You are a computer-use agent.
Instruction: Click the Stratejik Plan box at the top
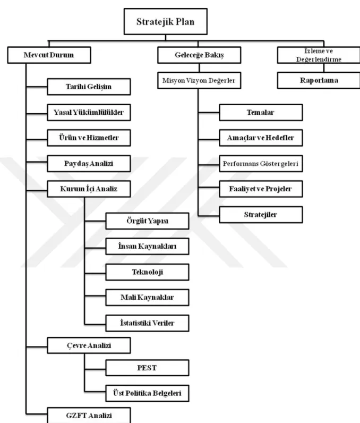click(166, 21)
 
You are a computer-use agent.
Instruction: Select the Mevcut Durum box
click(49, 55)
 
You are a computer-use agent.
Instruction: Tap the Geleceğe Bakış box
click(199, 55)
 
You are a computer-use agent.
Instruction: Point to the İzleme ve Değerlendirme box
click(319, 55)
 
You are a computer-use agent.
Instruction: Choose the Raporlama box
click(319, 80)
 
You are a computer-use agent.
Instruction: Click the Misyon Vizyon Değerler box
click(199, 80)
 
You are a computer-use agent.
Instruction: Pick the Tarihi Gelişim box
click(89, 87)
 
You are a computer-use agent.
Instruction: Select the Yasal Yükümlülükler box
click(89, 112)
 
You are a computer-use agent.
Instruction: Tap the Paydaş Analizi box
click(89, 164)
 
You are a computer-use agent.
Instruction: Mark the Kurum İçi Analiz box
click(89, 189)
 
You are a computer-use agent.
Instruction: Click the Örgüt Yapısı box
click(148, 221)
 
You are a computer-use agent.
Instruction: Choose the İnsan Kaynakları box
click(148, 246)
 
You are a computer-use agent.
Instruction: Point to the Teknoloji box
click(148, 272)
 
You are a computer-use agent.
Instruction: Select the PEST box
click(148, 368)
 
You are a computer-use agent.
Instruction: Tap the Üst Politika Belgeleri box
click(148, 393)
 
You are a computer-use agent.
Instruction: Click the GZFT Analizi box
click(89, 416)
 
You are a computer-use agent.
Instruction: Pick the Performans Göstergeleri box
click(261, 164)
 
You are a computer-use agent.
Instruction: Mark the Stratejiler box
click(261, 215)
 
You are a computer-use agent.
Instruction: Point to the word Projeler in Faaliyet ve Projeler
click(278, 189)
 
